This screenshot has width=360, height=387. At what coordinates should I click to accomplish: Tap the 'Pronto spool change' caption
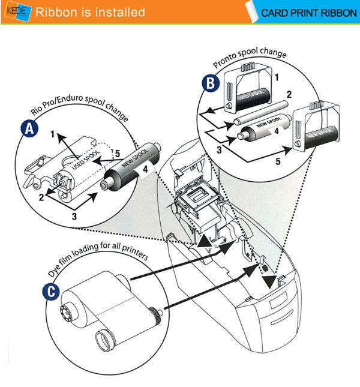(250, 59)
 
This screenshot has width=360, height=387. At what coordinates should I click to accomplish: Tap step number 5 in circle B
(278, 161)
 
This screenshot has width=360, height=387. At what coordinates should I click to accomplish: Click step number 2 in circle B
(288, 95)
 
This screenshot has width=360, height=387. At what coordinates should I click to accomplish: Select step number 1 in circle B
(276, 77)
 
